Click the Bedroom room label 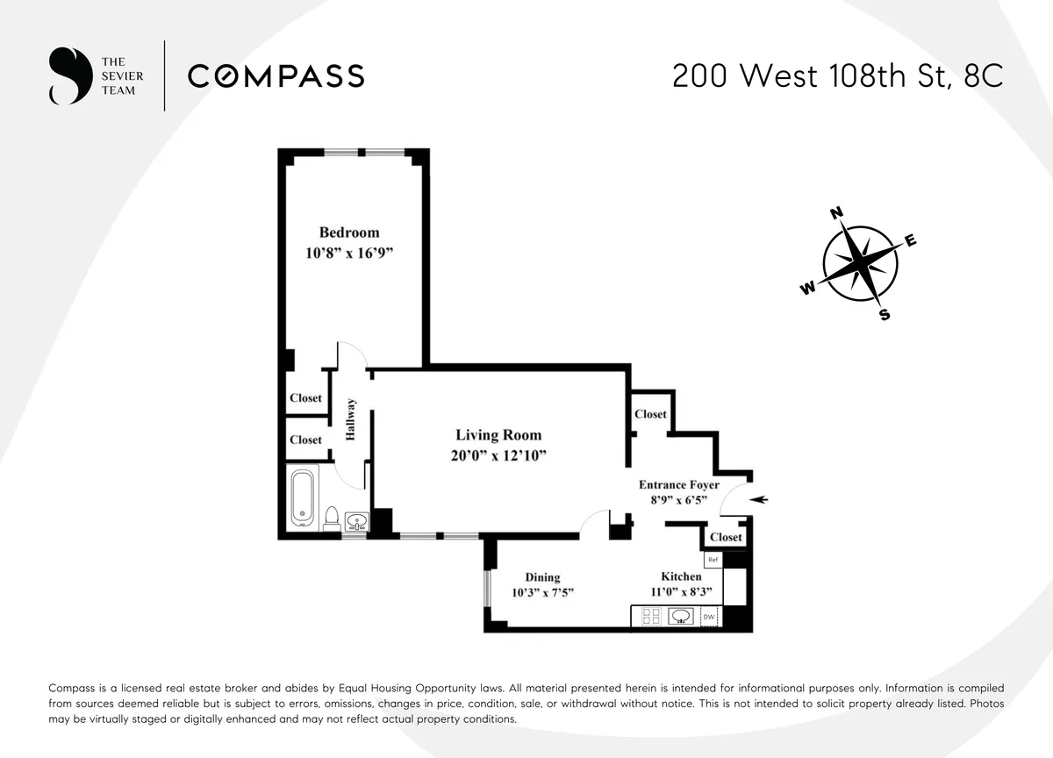349,232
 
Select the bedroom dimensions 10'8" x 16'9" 349,254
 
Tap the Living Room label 498,435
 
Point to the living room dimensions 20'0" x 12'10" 498,455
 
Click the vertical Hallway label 351,419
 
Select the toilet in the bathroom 332,518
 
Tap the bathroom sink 356,523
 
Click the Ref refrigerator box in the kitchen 713,559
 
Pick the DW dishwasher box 709,619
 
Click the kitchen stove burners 651,618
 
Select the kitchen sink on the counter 681,618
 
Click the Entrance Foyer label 678,485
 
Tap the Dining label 542,577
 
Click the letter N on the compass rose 836,213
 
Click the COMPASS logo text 276,76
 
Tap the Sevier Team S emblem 70,76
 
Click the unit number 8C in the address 982,76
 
